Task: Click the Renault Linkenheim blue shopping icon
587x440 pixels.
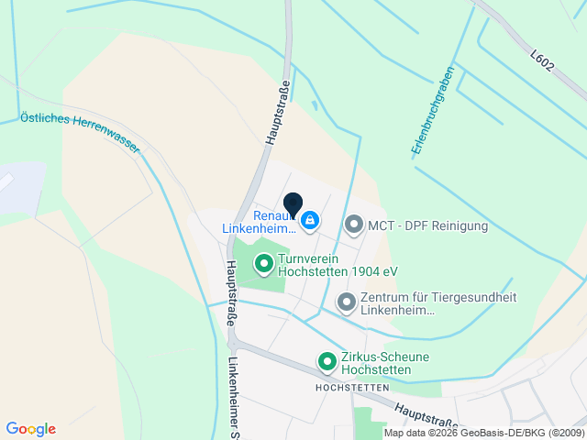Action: pos(311,220)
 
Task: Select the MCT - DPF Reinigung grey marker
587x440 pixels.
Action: pos(354,224)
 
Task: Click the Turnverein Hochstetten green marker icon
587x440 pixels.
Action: pos(264,265)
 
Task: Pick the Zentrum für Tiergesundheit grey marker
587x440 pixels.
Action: pos(347,301)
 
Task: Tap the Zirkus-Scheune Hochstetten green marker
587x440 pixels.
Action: pos(327,362)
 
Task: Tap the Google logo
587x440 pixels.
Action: pos(30,429)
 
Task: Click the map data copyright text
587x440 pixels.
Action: pos(483,433)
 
